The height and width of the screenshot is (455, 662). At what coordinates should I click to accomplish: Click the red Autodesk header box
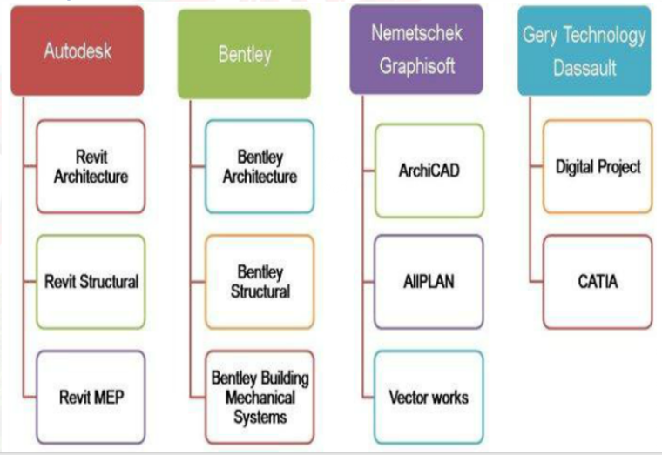pyautogui.click(x=78, y=51)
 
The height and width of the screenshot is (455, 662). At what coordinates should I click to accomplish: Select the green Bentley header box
pyautogui.click(x=244, y=55)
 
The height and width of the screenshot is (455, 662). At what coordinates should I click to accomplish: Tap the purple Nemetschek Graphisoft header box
pyautogui.click(x=416, y=50)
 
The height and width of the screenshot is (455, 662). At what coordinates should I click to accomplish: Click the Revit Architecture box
pyautogui.click(x=91, y=166)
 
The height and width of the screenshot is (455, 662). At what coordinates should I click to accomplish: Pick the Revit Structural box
pyautogui.click(x=91, y=282)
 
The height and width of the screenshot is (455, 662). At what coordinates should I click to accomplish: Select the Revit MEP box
pyautogui.click(x=91, y=397)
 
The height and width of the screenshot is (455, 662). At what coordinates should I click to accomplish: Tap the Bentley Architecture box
pyautogui.click(x=260, y=166)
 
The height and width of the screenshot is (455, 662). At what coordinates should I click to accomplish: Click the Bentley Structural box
pyautogui.click(x=260, y=282)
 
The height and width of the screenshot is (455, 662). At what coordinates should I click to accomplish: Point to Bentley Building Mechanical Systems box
pyautogui.click(x=260, y=398)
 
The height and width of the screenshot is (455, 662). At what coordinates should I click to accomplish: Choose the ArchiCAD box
pyautogui.click(x=428, y=171)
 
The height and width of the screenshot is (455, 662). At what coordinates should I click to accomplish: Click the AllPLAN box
pyautogui.click(x=428, y=282)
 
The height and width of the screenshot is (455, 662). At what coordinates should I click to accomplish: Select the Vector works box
pyautogui.click(x=428, y=398)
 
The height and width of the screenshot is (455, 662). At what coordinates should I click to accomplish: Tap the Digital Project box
pyautogui.click(x=598, y=166)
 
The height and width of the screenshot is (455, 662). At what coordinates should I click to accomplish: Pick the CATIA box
pyautogui.click(x=598, y=282)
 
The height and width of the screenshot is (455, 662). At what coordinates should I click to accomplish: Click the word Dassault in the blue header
pyautogui.click(x=584, y=68)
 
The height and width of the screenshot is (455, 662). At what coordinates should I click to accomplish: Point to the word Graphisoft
pyautogui.click(x=417, y=66)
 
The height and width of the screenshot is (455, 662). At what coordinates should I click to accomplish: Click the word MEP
pyautogui.click(x=110, y=398)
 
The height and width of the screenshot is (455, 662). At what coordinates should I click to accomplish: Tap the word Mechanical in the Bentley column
pyautogui.click(x=260, y=398)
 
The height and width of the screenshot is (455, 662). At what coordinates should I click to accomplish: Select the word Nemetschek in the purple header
pyautogui.click(x=417, y=34)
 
